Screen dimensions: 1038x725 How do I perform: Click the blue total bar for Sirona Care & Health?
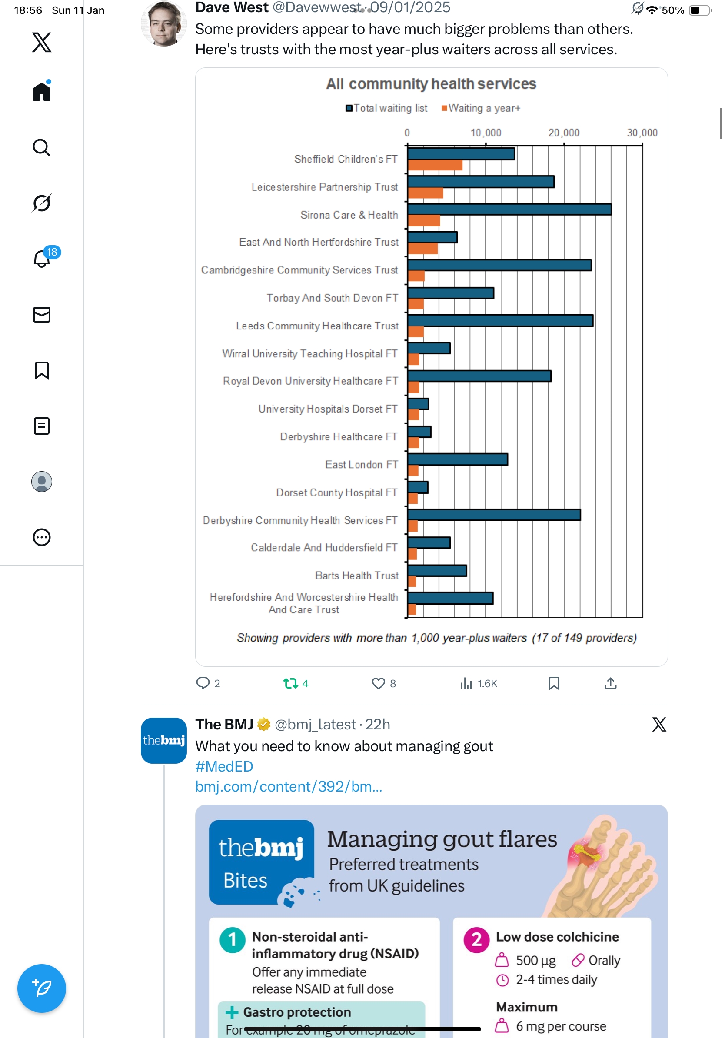click(x=509, y=210)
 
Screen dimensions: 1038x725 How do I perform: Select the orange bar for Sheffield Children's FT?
click(x=435, y=166)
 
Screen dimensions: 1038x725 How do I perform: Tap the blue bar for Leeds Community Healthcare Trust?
click(x=500, y=321)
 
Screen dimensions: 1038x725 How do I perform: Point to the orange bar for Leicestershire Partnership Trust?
click(x=426, y=193)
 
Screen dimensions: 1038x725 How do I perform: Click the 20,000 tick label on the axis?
click(x=564, y=133)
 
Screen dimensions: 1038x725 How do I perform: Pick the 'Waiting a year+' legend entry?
click(x=481, y=109)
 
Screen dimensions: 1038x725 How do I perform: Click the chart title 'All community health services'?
click(x=431, y=84)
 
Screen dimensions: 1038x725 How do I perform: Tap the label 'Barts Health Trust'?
click(x=356, y=576)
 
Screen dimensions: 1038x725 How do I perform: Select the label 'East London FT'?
click(x=362, y=465)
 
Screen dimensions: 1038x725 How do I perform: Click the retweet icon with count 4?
click(x=291, y=683)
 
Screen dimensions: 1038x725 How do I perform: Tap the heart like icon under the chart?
click(x=378, y=683)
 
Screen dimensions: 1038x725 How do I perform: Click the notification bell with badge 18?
click(x=42, y=259)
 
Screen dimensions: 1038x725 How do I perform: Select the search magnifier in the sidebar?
click(x=42, y=147)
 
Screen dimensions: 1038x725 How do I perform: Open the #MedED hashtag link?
click(x=224, y=766)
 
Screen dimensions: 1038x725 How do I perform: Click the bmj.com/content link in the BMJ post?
click(x=288, y=787)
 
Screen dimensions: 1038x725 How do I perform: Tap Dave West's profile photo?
click(x=163, y=24)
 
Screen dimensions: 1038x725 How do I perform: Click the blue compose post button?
click(x=42, y=988)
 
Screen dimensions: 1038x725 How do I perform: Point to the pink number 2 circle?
click(x=476, y=940)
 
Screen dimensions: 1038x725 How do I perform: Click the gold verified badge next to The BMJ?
click(x=263, y=725)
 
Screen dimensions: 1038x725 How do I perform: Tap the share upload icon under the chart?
click(x=610, y=683)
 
